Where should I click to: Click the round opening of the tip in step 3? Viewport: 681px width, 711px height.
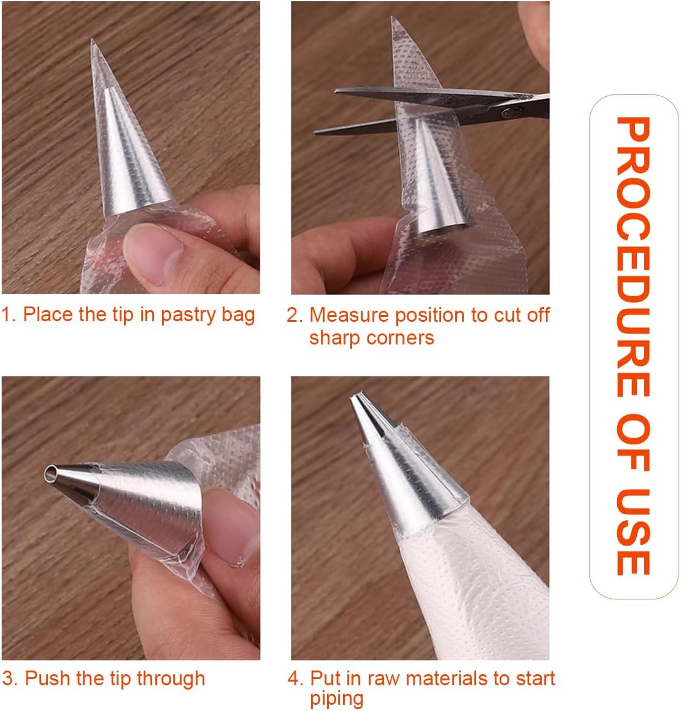click(50, 474)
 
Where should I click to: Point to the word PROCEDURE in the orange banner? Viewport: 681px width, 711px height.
click(633, 257)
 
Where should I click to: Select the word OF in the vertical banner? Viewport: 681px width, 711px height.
click(633, 442)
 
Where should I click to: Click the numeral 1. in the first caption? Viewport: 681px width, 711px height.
click(9, 314)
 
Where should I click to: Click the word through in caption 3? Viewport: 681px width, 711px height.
click(171, 679)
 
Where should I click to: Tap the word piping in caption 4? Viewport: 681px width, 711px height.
click(336, 699)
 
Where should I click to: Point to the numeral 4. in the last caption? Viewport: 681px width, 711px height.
click(295, 679)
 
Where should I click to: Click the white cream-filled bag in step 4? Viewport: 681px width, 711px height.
click(472, 590)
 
